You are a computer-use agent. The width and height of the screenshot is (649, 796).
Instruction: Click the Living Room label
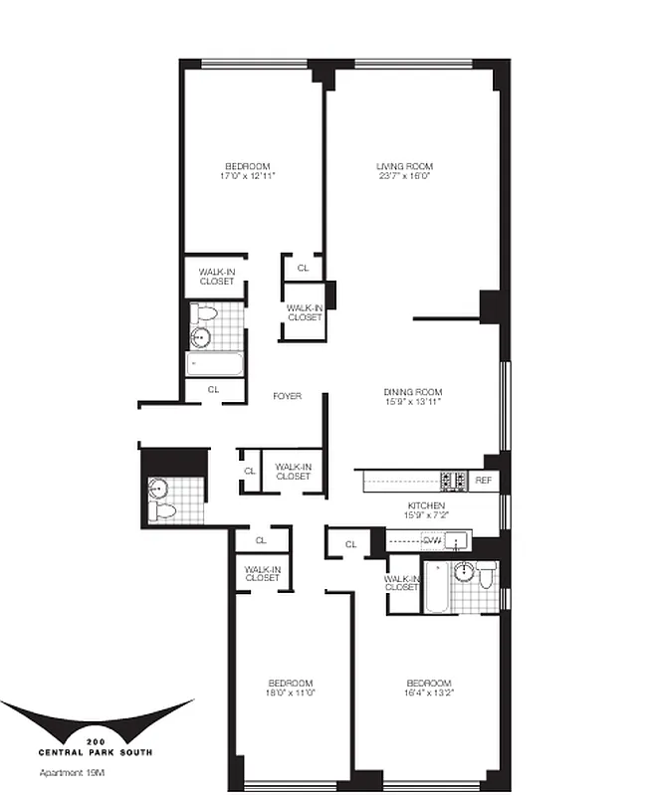pyautogui.click(x=404, y=166)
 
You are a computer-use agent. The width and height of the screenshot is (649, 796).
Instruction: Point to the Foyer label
pyautogui.click(x=287, y=396)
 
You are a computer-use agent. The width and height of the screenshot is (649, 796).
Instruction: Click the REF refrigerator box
pyautogui.click(x=484, y=481)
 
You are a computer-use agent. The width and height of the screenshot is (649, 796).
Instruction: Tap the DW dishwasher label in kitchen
pyautogui.click(x=431, y=540)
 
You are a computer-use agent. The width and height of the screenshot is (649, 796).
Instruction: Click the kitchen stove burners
pyautogui.click(x=455, y=481)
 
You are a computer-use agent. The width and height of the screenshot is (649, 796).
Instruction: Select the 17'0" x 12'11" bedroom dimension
pyautogui.click(x=247, y=176)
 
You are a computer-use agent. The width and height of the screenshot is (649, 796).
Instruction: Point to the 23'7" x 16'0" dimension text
pyautogui.click(x=404, y=176)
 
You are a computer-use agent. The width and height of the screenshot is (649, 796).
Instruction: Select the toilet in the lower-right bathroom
pyautogui.click(x=486, y=575)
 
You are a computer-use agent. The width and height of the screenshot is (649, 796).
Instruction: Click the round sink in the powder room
pyautogui.click(x=157, y=488)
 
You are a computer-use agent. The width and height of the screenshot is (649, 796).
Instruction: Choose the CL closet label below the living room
pyautogui.click(x=303, y=268)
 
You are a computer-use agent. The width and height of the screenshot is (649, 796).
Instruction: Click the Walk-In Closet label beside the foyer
pyautogui.click(x=293, y=472)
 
